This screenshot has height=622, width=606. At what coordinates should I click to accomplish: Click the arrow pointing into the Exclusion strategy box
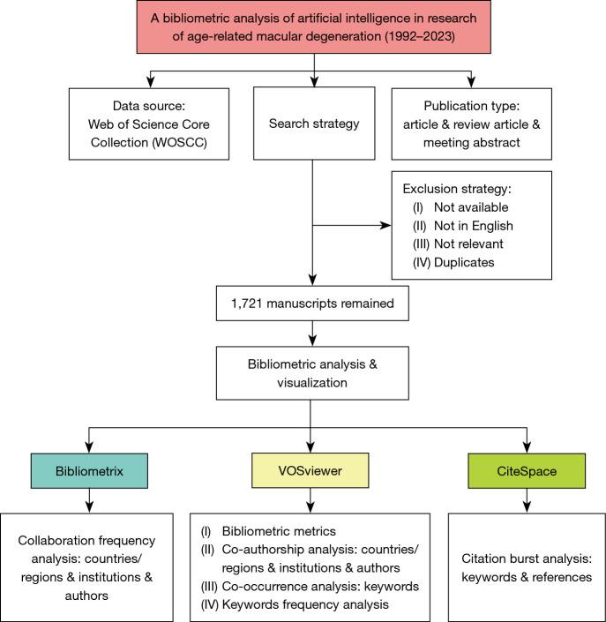[385, 225]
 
